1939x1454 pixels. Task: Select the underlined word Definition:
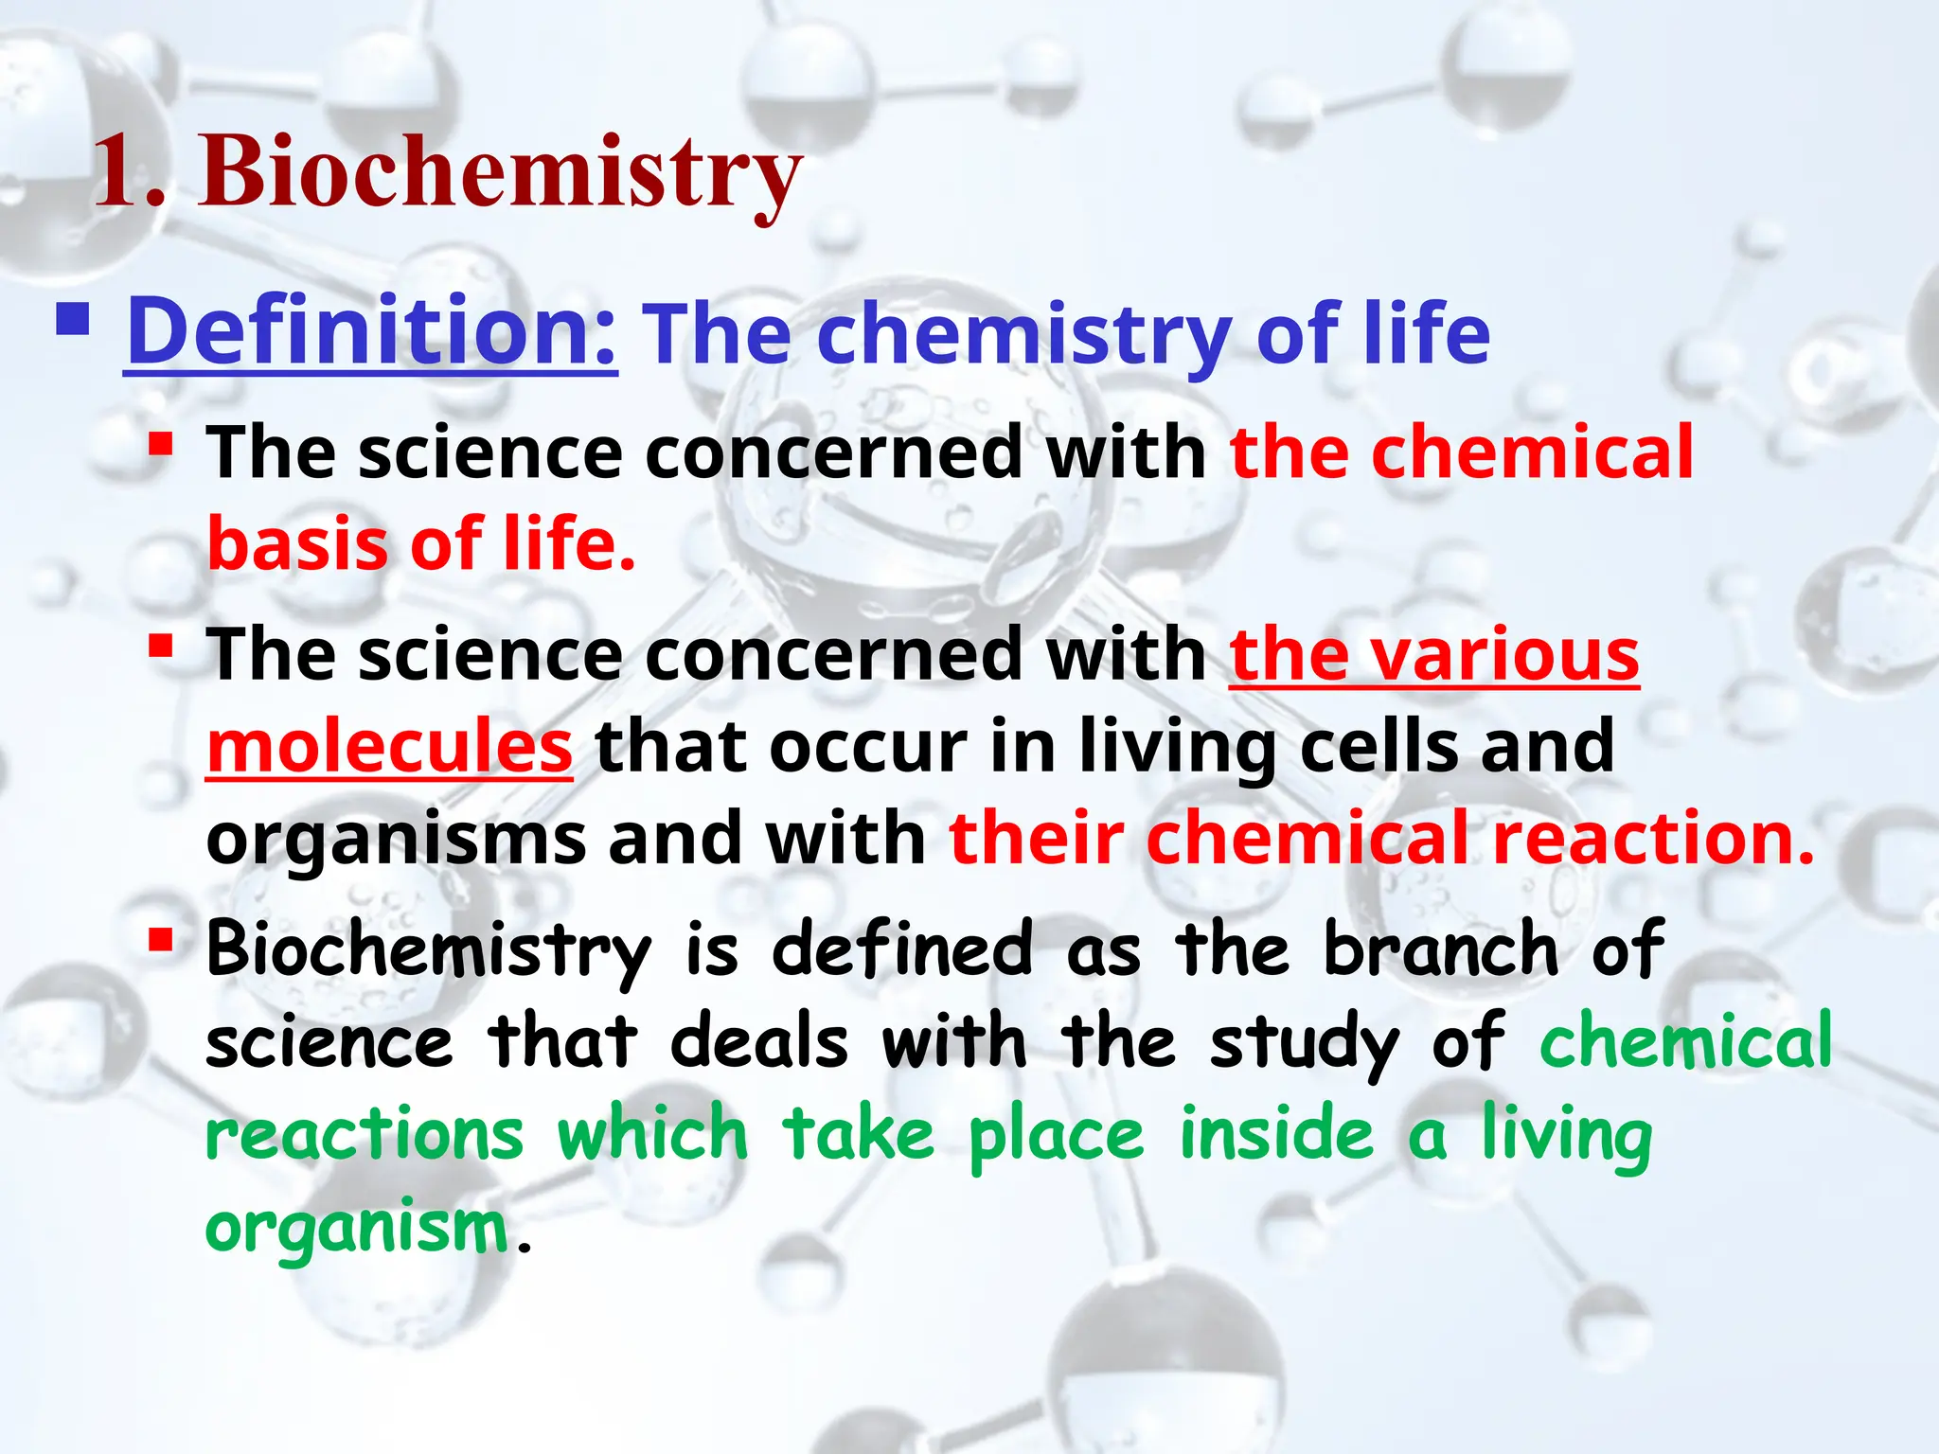[371, 331]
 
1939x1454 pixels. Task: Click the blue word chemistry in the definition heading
[1023, 335]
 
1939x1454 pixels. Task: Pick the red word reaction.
[1653, 839]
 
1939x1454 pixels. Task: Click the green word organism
[357, 1229]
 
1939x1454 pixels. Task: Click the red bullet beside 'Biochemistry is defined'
[161, 939]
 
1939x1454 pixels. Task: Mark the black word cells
[1379, 746]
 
